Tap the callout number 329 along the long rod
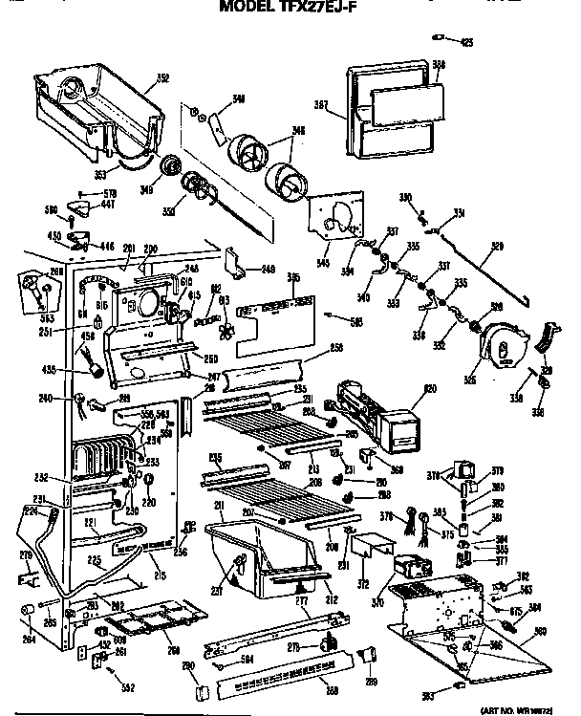(x=496, y=247)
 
